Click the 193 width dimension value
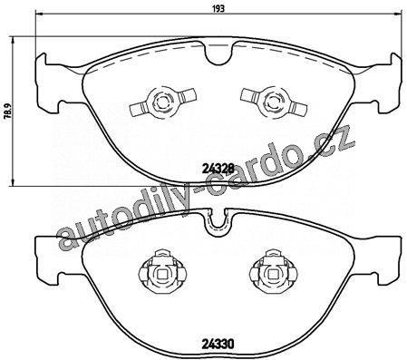219,8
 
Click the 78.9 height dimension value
8,111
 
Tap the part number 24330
218,344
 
